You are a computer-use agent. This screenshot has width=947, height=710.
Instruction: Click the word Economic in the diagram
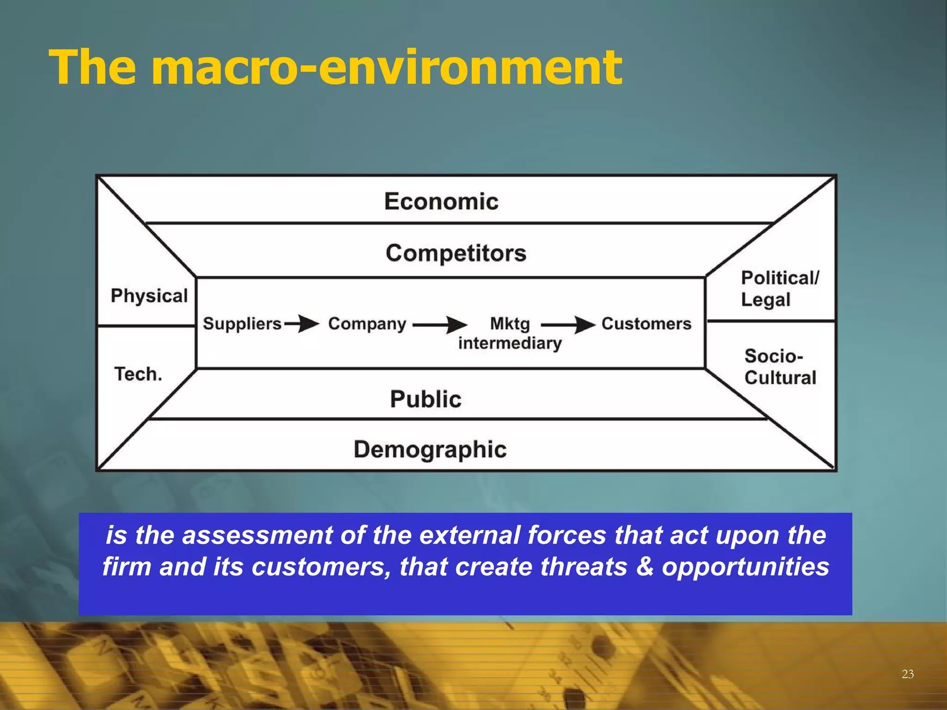coord(441,202)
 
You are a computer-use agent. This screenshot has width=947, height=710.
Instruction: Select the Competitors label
coord(456,253)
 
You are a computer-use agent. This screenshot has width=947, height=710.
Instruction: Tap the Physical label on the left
coord(149,296)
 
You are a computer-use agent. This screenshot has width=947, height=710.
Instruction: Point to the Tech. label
coord(138,374)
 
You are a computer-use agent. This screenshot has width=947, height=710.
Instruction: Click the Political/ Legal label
coord(779,289)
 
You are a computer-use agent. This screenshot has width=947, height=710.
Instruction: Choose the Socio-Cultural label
coord(780,367)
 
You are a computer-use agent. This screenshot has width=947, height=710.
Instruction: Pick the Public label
coord(425,399)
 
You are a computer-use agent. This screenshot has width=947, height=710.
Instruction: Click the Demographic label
coord(430,449)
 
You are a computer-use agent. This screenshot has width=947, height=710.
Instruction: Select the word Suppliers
coord(242,324)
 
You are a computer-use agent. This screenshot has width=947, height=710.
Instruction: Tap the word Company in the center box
coord(367,324)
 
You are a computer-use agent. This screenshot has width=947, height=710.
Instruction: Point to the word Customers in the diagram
coord(646,324)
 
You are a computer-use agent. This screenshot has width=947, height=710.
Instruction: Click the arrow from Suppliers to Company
coord(301,324)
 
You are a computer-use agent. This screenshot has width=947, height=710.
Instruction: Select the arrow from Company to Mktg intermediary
coord(440,324)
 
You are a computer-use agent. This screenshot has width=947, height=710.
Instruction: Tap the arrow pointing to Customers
coord(568,324)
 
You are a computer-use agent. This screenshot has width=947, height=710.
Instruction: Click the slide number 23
coord(907,674)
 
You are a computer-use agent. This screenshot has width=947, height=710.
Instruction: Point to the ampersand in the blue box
coord(645,567)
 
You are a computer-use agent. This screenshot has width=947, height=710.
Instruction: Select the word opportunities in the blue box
coord(745,567)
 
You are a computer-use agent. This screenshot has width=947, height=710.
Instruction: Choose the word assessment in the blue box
coord(257,535)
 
